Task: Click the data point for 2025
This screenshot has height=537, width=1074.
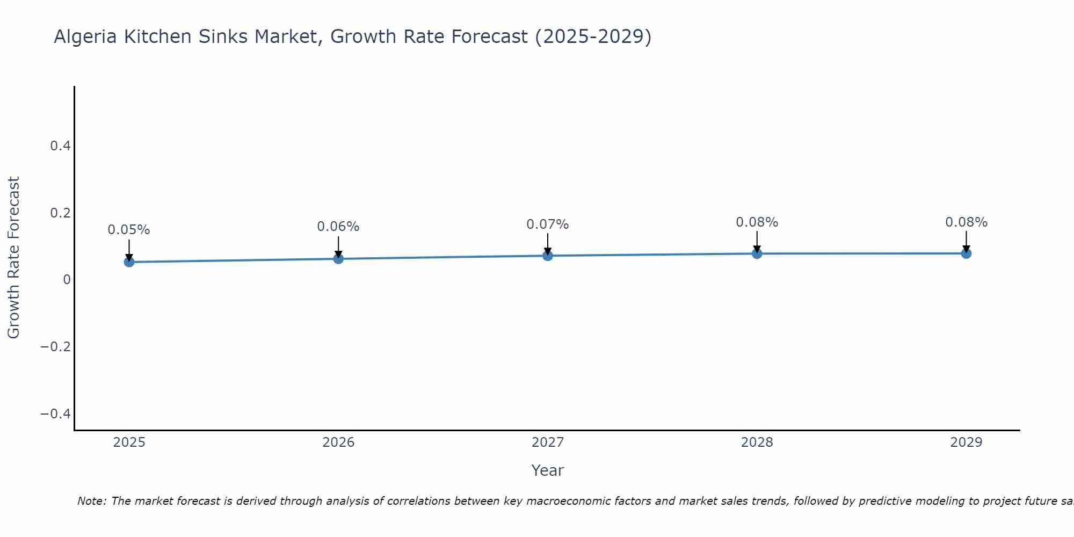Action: tap(129, 262)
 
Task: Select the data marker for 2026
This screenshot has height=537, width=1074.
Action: tap(338, 259)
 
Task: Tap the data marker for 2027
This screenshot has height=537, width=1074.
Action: tap(548, 256)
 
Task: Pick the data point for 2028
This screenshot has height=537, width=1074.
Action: tap(757, 253)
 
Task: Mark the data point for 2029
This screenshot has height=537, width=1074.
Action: tap(966, 253)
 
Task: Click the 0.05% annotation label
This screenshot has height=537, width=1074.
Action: tap(129, 230)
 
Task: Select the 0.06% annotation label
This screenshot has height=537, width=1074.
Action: tap(338, 227)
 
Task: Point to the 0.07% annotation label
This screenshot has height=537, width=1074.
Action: tap(548, 224)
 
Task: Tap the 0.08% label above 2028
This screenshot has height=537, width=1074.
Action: tap(757, 222)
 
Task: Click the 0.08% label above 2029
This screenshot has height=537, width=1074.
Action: tap(966, 222)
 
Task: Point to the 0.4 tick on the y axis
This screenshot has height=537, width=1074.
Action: tap(60, 146)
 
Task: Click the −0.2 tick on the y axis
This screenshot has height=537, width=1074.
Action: tap(55, 347)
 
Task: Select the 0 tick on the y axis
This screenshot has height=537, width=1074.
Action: tap(67, 280)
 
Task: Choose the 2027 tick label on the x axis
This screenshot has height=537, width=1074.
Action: tap(548, 442)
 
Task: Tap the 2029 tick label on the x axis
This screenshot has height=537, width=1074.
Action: tap(966, 442)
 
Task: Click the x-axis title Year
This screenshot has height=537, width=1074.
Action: tap(548, 470)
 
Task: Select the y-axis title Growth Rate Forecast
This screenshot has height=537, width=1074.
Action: tap(13, 258)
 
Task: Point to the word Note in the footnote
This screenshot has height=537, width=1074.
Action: tap(92, 501)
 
